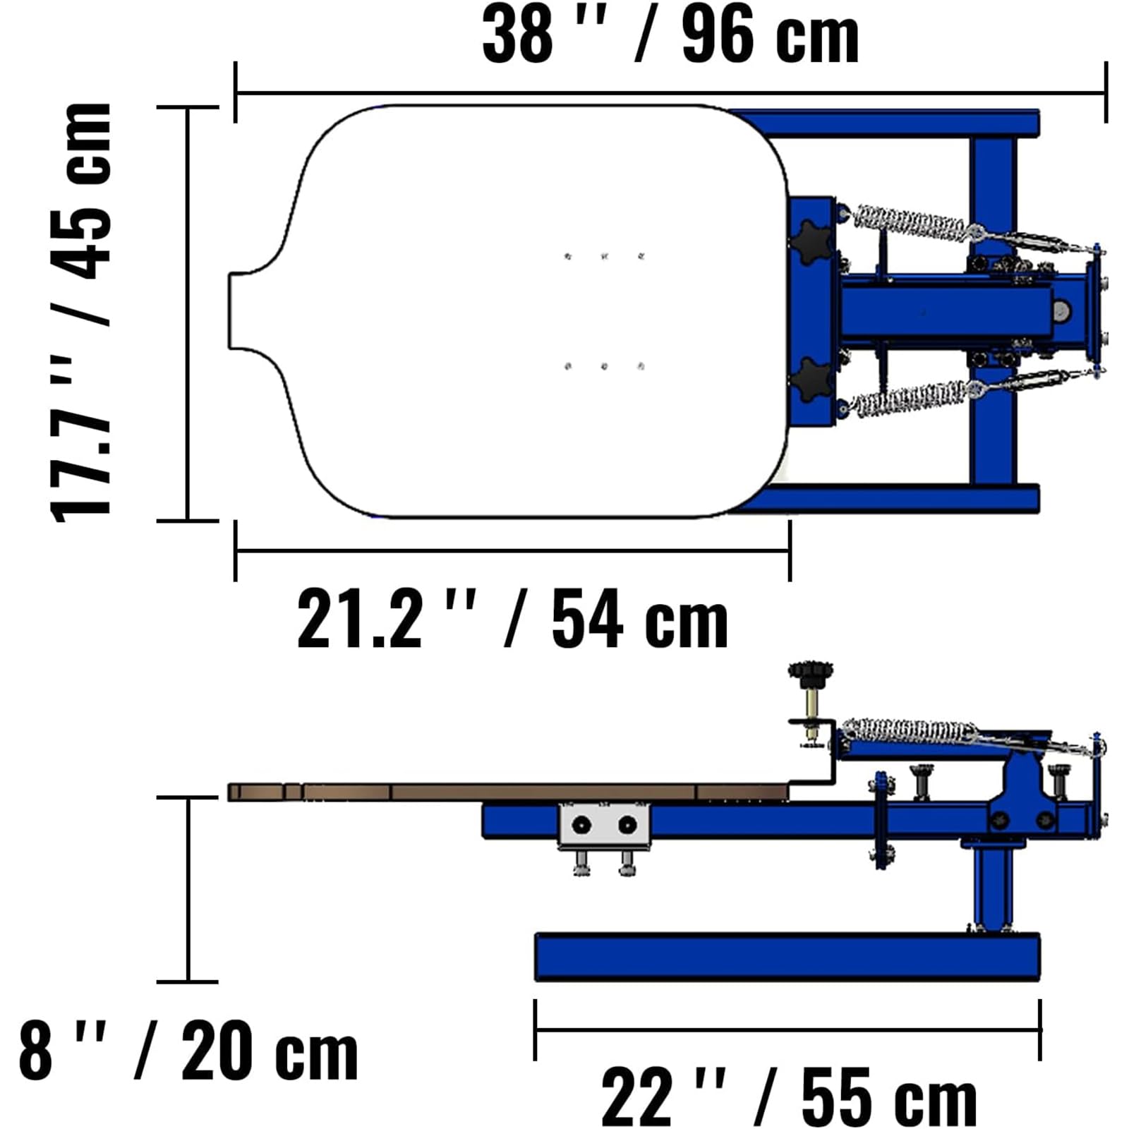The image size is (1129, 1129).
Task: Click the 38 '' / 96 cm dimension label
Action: (x=670, y=35)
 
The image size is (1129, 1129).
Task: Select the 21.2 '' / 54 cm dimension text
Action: (x=512, y=621)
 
